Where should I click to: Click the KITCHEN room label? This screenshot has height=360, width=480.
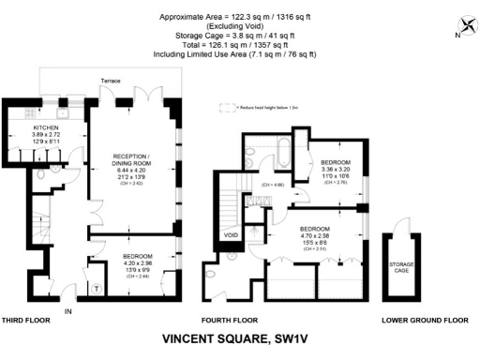coord(46,127)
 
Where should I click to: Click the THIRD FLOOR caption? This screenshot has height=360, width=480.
coord(29,320)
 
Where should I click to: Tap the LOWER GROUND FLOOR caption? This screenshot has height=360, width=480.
coord(425,320)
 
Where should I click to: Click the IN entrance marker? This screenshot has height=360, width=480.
coord(67,310)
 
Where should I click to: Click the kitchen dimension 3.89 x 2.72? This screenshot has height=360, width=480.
coord(46,134)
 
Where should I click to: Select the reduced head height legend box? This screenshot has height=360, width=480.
coord(226,108)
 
